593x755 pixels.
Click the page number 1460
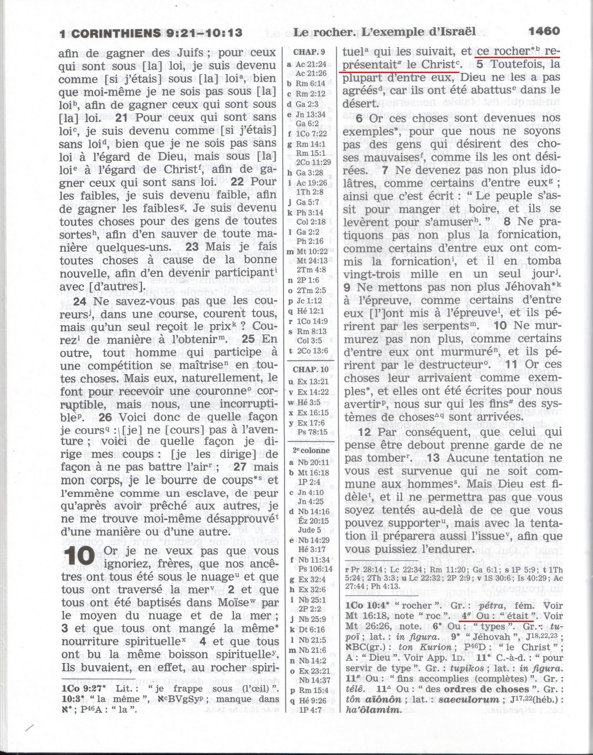[x=544, y=31]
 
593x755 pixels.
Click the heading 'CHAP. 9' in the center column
[x=309, y=52]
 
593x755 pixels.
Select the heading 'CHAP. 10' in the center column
[x=310, y=369]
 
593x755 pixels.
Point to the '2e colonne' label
[x=311, y=450]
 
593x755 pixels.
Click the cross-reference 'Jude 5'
[x=310, y=530]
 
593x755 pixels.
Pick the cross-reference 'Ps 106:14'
[x=315, y=569]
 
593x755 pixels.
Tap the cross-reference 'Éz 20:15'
[x=313, y=520]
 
